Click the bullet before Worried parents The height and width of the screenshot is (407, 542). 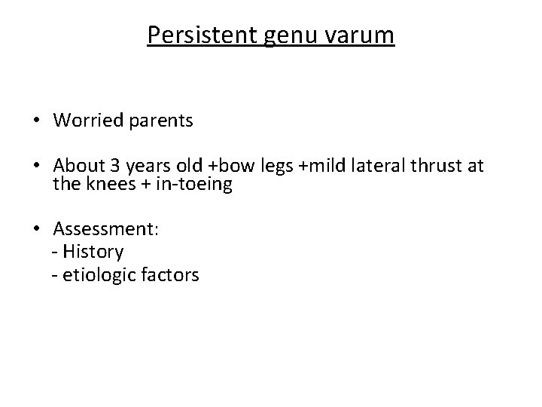tap(36, 121)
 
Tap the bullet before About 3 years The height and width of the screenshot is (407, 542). tap(36, 166)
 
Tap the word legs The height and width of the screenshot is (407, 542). tap(275, 167)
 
